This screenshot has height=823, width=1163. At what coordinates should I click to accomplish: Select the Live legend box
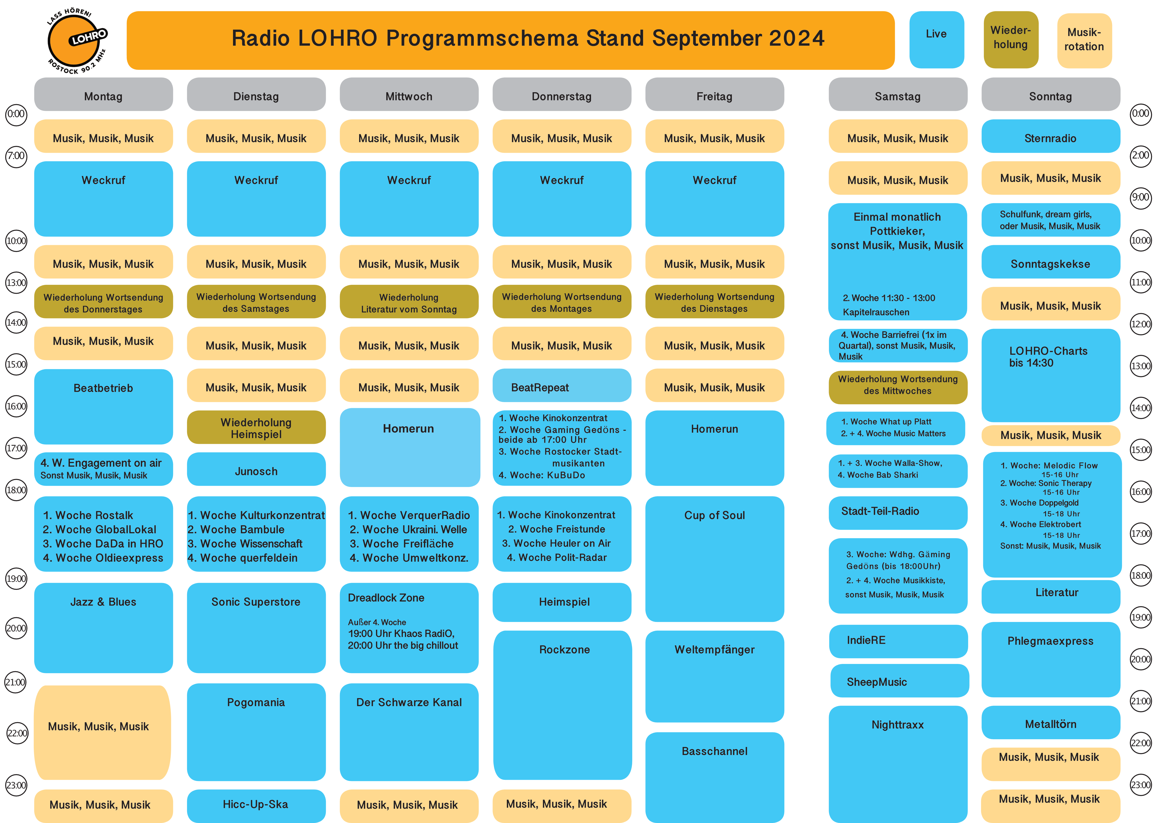pyautogui.click(x=937, y=39)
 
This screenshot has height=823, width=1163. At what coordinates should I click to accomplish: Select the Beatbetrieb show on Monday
pyautogui.click(x=103, y=406)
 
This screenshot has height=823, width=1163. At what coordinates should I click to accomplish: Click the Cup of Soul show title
pyautogui.click(x=715, y=515)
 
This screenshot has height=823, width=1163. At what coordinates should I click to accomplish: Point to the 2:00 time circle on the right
pyautogui.click(x=1141, y=156)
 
